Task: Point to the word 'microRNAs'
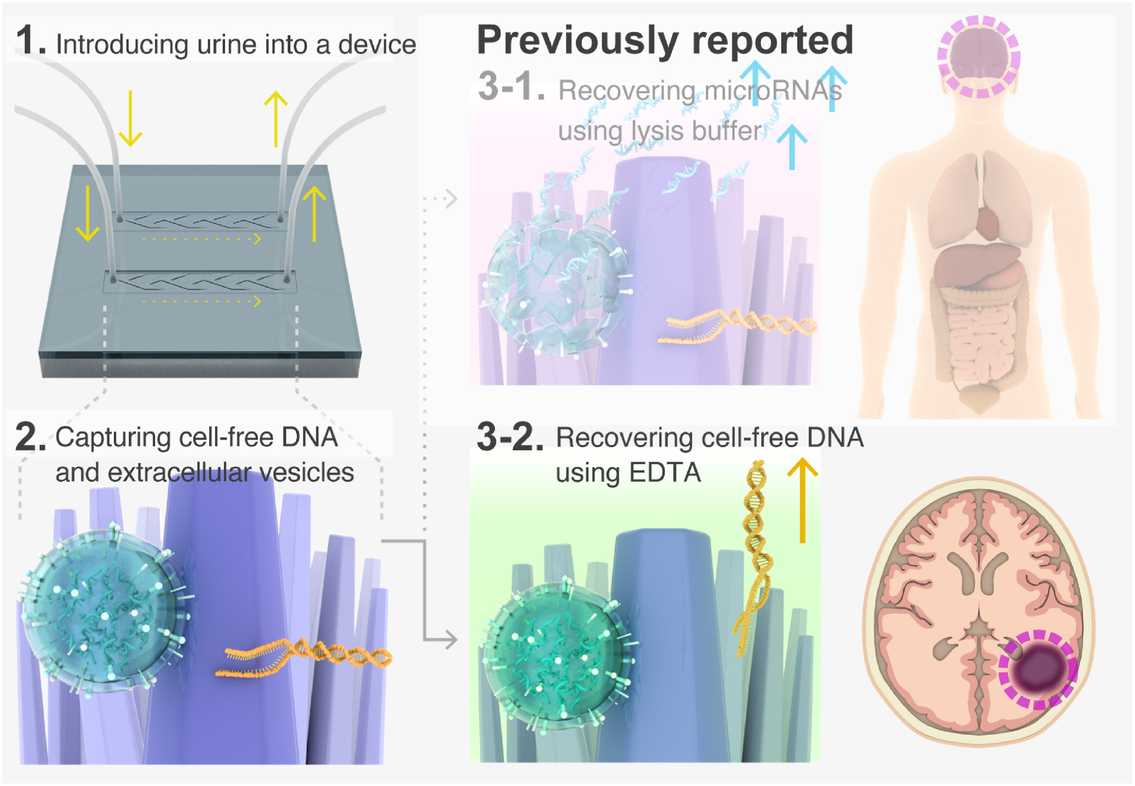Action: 773,91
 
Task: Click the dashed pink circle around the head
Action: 978,56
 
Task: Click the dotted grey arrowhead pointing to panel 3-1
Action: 450,199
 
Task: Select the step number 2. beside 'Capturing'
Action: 30,437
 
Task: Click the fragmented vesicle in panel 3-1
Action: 556,286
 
